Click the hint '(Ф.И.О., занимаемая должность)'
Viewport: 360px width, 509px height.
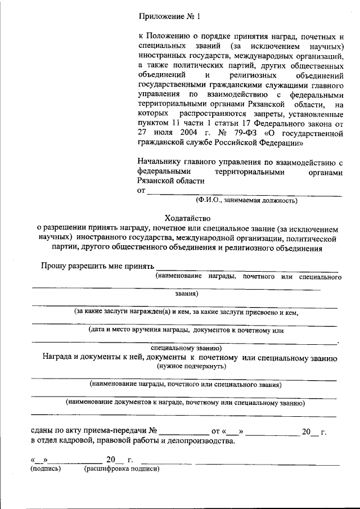pyautogui.click(x=246, y=200)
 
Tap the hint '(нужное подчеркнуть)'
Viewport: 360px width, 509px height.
pyautogui.click(x=191, y=366)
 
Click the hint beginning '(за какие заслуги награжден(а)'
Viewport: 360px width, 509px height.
pyautogui.click(x=186, y=312)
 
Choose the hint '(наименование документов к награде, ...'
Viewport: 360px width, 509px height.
pyautogui.click(x=185, y=403)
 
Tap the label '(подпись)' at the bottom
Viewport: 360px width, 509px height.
pyautogui.click(x=45, y=469)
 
